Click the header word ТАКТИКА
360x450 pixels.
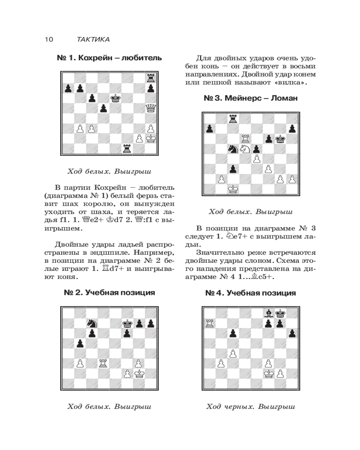(93, 40)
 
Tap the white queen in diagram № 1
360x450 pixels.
(149, 108)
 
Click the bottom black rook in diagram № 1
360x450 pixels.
(127, 148)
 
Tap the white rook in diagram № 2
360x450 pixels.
(103, 362)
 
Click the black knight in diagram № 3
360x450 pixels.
(233, 148)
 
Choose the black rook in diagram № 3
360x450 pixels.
(233, 118)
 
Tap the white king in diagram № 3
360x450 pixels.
(233, 189)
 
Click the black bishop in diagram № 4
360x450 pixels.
(268, 313)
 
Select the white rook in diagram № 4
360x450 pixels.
(209, 323)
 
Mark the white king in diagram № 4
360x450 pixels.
(268, 373)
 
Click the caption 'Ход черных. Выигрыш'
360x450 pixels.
(250, 407)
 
